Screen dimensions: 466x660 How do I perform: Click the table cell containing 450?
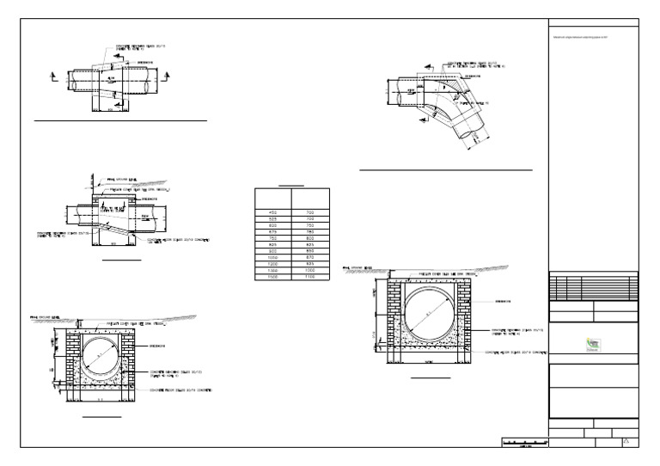[x=274, y=212]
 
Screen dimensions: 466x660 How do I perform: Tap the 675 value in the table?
[x=274, y=231]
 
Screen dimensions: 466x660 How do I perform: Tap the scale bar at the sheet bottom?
[x=524, y=442]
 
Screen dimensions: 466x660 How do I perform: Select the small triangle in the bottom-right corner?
[x=626, y=440]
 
